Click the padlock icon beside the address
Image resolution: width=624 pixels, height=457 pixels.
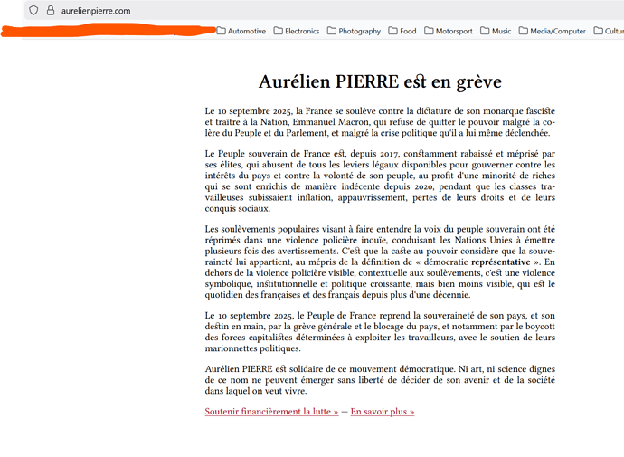pos(52,10)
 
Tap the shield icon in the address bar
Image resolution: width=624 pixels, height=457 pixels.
pos(33,10)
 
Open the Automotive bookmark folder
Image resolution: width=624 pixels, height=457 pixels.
pos(241,31)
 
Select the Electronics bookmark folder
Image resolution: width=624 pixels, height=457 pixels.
pos(296,31)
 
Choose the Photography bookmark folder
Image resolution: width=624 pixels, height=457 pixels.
pos(354,31)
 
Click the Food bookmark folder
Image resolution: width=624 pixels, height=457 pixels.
pos(402,31)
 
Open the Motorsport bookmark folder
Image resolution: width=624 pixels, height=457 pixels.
pos(448,31)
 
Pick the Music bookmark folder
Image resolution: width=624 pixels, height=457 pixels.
pos(495,31)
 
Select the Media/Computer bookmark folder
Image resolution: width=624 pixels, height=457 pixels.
pos(552,31)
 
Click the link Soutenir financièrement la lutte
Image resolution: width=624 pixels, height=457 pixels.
pos(271,412)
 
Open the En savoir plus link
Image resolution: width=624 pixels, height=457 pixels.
pos(383,412)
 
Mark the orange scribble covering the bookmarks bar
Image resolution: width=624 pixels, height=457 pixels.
pos(109,32)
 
